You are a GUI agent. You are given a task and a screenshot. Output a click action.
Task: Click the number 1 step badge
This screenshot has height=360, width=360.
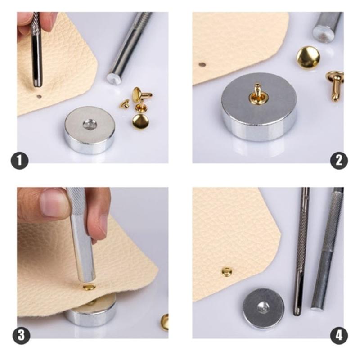click(x=20, y=161)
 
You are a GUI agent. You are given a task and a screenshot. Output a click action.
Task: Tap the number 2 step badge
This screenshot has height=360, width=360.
click(x=338, y=161)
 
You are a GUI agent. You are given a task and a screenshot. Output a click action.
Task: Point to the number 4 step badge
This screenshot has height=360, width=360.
click(x=338, y=336)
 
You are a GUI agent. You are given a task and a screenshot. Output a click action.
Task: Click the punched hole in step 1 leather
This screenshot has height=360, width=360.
click(x=39, y=96)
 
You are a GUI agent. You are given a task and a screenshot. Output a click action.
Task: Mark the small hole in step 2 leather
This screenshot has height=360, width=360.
click(x=202, y=64)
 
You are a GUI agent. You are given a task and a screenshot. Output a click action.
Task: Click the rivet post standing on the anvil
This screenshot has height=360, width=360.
click(x=257, y=93)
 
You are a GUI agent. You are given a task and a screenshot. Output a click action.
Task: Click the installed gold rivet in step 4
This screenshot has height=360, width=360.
click(x=227, y=271)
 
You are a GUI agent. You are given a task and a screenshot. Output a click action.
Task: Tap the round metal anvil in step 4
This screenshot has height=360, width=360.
click(x=263, y=309)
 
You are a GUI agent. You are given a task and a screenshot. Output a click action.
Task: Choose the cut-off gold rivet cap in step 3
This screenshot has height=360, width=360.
click(x=165, y=321)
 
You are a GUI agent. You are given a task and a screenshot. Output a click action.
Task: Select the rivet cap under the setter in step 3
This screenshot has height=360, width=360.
click(x=89, y=287)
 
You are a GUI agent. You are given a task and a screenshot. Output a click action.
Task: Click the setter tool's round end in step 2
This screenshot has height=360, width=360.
click(x=323, y=34)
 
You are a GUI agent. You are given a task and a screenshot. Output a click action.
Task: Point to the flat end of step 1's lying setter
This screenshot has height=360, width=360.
click(x=113, y=79)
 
